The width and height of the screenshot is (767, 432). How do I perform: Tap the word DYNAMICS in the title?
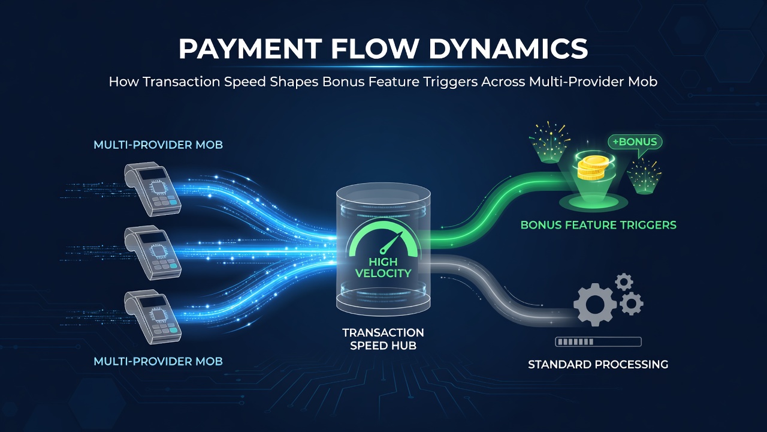click(x=508, y=49)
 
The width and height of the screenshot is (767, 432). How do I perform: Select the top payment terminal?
click(x=153, y=189)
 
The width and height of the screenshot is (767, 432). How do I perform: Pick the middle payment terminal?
click(x=153, y=253)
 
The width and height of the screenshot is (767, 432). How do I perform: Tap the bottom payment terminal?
click(x=153, y=317)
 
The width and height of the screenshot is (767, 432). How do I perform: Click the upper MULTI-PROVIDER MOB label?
click(x=158, y=145)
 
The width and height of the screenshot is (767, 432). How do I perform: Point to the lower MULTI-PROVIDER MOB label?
click(x=158, y=361)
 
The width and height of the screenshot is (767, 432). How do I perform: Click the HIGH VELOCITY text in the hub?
click(x=383, y=268)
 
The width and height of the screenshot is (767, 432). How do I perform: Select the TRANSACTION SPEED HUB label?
click(x=383, y=339)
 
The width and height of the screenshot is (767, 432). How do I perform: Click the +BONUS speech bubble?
click(x=635, y=142)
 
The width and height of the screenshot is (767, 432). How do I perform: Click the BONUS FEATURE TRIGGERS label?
click(x=599, y=225)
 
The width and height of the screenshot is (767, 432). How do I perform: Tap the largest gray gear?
click(x=595, y=304)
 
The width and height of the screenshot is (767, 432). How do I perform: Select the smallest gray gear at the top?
click(x=624, y=282)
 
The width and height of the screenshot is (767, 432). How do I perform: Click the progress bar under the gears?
click(x=598, y=341)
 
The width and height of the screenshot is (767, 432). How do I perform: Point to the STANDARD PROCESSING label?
click(x=598, y=364)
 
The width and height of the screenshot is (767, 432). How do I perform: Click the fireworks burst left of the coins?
click(x=549, y=142)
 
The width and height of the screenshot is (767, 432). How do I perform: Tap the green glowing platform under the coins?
click(x=593, y=202)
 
